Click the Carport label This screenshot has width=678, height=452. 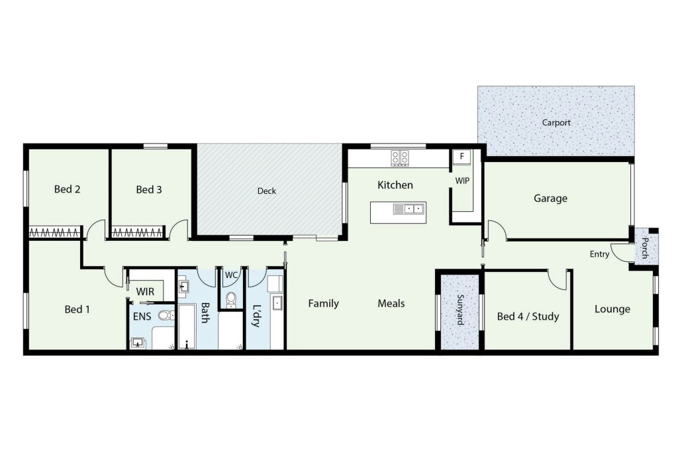click(x=556, y=122)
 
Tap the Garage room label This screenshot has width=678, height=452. click(x=550, y=199)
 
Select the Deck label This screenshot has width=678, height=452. click(x=266, y=191)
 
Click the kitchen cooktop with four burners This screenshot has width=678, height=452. click(x=400, y=158)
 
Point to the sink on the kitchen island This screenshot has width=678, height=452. click(x=409, y=210)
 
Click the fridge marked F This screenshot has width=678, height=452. click(x=461, y=156)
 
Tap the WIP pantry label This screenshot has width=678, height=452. click(x=461, y=181)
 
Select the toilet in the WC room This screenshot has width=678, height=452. click(x=231, y=299)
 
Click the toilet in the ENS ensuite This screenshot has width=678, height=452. click(x=166, y=315)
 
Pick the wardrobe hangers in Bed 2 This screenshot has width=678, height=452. click(x=54, y=233)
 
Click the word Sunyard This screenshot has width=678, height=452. click(x=460, y=310)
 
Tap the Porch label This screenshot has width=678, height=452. click(x=645, y=248)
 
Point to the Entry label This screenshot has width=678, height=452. click(x=599, y=255)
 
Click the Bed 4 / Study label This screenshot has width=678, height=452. click(x=528, y=317)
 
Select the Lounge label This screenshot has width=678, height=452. click(x=612, y=309)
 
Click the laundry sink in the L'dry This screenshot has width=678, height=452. click(x=277, y=303)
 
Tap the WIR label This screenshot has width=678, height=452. click(x=145, y=292)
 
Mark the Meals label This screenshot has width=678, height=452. click(x=391, y=303)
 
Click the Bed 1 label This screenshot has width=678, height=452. click(x=77, y=310)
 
